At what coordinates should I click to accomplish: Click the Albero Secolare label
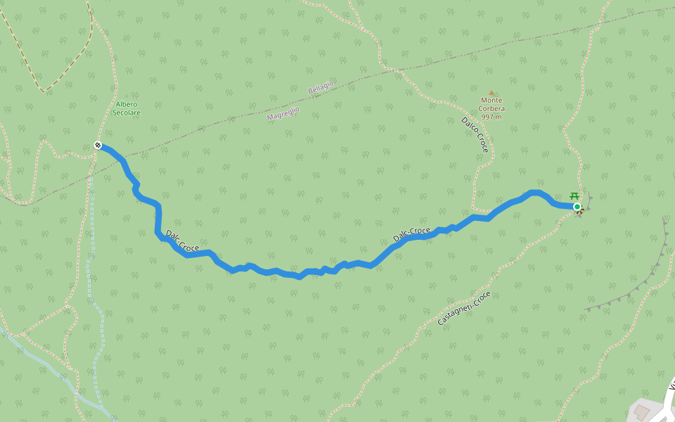(127, 108)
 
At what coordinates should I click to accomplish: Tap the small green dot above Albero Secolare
(127, 96)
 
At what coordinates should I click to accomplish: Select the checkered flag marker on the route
(98, 146)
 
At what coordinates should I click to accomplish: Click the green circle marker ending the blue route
(577, 206)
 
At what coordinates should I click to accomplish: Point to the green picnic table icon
(574, 196)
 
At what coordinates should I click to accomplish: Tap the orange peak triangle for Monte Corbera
(491, 92)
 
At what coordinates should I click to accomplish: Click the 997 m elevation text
(491, 117)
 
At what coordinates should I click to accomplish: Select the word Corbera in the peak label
(491, 108)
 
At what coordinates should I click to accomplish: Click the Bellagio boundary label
(321, 88)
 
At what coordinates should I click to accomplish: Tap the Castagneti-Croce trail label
(463, 308)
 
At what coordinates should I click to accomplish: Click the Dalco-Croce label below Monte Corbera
(475, 134)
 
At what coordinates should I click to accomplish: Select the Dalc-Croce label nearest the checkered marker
(182, 241)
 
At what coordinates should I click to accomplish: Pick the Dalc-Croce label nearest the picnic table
(411, 234)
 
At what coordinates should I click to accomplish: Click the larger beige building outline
(641, 411)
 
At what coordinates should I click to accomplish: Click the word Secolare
(127, 113)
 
